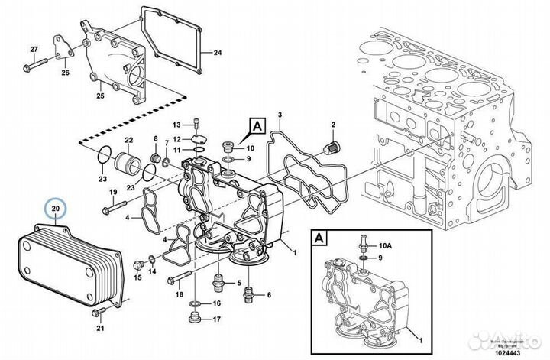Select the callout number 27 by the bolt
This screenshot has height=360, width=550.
(34, 50)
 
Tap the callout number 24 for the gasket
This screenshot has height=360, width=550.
(217, 53)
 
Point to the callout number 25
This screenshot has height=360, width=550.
(99, 96)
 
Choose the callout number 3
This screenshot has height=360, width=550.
(280, 114)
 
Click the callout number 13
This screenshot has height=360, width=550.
(175, 125)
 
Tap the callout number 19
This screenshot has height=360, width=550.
(112, 191)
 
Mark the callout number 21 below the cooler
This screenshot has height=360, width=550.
(99, 329)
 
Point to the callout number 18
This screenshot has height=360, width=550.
(180, 294)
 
